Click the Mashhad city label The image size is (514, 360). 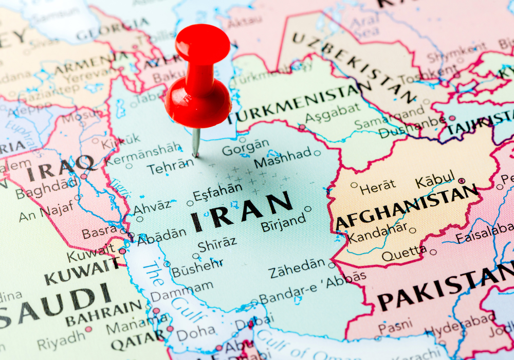(283, 156)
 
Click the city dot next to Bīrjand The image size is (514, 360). (307, 209)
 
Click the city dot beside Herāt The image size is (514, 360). (354, 185)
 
